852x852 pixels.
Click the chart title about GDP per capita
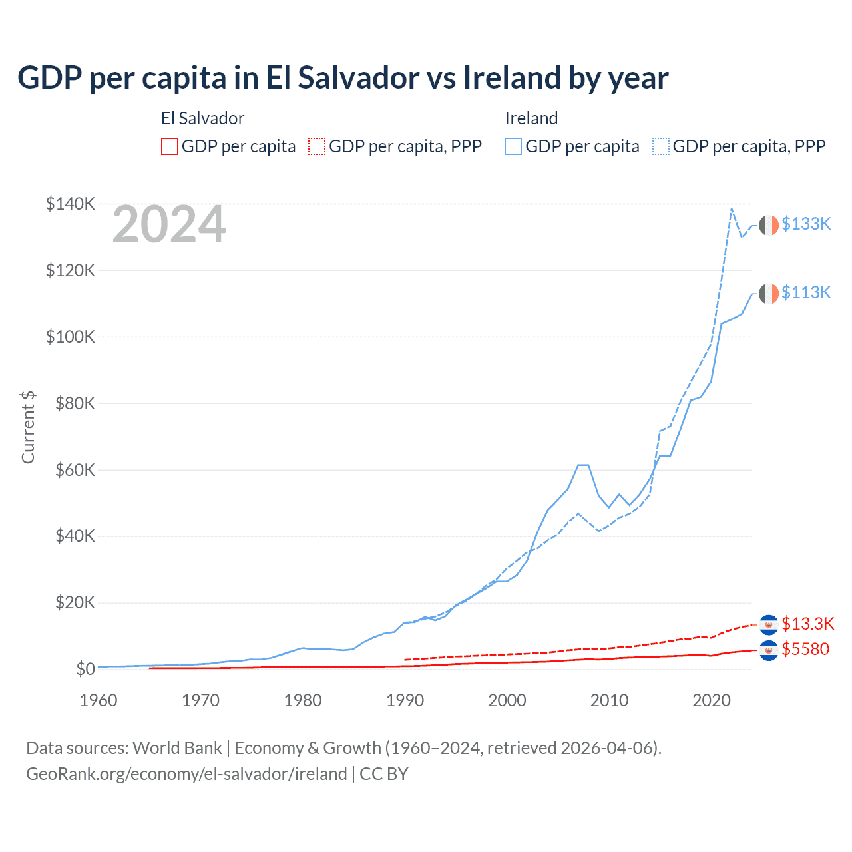[x=343, y=78]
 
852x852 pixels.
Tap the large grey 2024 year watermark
[x=169, y=225]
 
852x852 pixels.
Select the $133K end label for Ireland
[x=806, y=224]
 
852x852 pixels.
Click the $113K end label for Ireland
[x=806, y=292]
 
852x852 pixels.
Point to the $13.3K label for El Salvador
[x=807, y=624]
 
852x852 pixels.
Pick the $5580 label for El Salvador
[x=805, y=649]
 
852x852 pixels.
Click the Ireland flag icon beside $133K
[x=769, y=225]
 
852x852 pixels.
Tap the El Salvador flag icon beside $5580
[x=769, y=650]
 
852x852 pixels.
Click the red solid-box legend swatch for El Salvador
[x=170, y=146]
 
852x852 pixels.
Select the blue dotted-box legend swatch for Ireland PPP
[x=661, y=146]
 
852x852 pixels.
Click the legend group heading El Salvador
[x=202, y=118]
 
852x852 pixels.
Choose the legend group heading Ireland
[x=531, y=118]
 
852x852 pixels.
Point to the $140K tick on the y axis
[x=71, y=204]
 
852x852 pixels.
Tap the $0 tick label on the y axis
[x=85, y=669]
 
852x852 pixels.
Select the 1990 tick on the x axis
[x=405, y=700]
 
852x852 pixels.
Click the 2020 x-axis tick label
[x=712, y=700]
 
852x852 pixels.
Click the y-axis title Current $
[x=28, y=427]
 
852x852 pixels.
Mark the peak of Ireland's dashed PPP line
[x=732, y=209]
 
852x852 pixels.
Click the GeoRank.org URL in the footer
[x=186, y=774]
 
